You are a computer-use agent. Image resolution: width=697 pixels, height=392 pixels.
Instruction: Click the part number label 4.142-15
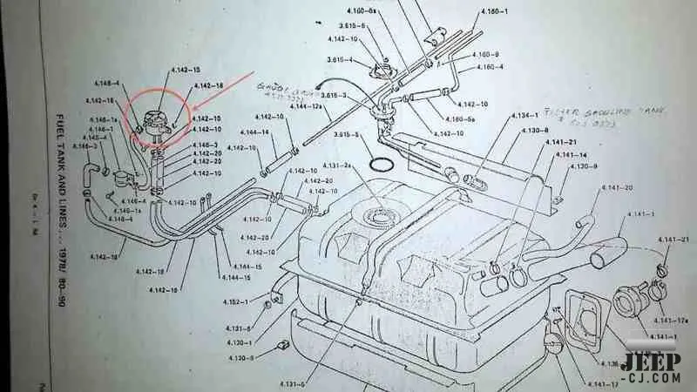(x=185, y=69)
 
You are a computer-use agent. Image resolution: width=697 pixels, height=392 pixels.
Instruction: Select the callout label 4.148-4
(x=103, y=84)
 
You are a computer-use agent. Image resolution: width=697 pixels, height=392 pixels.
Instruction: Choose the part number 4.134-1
(x=524, y=115)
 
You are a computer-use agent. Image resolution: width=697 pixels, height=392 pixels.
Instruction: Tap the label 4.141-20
(x=617, y=188)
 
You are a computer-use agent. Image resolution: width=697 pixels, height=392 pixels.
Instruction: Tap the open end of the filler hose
(x=600, y=259)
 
